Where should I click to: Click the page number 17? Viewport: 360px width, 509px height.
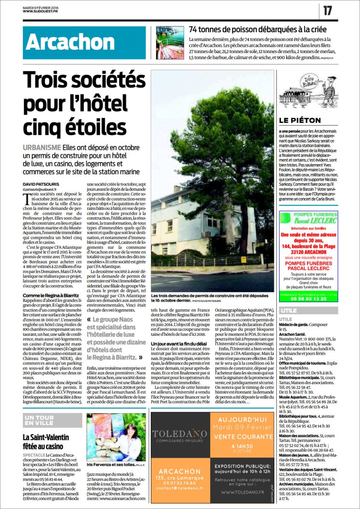[327, 11]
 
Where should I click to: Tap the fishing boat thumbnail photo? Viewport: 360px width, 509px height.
[170, 42]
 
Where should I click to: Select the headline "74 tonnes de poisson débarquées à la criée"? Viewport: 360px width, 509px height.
[258, 30]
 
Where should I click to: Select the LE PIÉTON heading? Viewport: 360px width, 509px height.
[300, 120]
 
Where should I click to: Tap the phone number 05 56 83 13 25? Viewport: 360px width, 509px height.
[308, 298]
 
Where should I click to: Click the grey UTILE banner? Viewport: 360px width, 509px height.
[308, 310]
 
